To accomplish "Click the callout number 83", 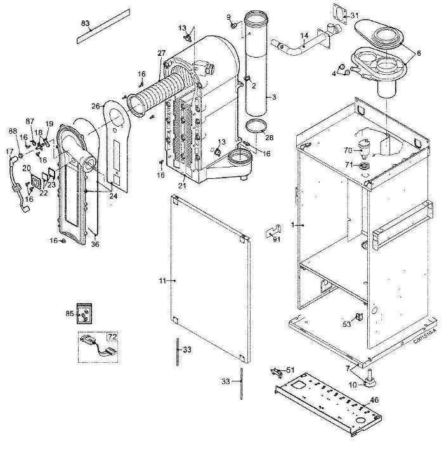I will (86, 22).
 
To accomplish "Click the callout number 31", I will (355, 15).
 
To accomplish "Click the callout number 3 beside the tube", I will (274, 97).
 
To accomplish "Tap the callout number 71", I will (348, 165).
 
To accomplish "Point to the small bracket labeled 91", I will (272, 228).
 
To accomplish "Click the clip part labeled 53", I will (358, 315).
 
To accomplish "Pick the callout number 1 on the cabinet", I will (292, 225).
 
